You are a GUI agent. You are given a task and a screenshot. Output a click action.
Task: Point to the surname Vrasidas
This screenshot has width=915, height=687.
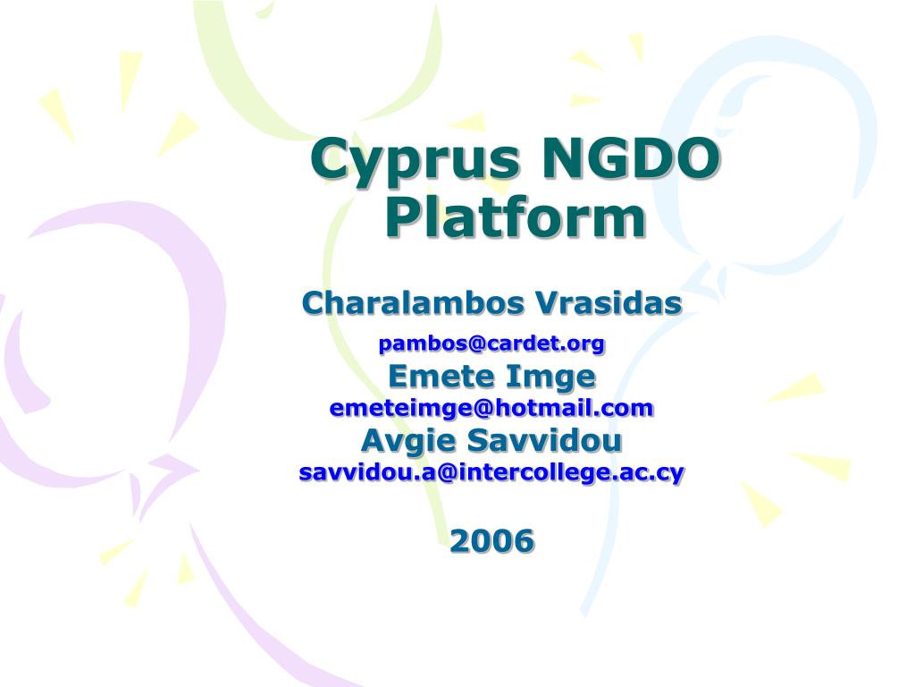[608, 302]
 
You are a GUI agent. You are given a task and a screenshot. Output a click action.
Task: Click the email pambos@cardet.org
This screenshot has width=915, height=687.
[491, 343]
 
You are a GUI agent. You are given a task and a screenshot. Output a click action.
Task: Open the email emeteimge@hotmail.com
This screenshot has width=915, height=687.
[491, 407]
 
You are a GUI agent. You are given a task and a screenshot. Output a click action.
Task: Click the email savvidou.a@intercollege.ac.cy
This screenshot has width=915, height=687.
[491, 472]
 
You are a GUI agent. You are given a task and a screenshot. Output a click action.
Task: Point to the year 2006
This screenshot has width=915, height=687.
[491, 540]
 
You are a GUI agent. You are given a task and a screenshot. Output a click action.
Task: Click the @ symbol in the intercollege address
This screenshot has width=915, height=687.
[444, 472]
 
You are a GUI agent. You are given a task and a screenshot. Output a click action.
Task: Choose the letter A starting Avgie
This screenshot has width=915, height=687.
[374, 440]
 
